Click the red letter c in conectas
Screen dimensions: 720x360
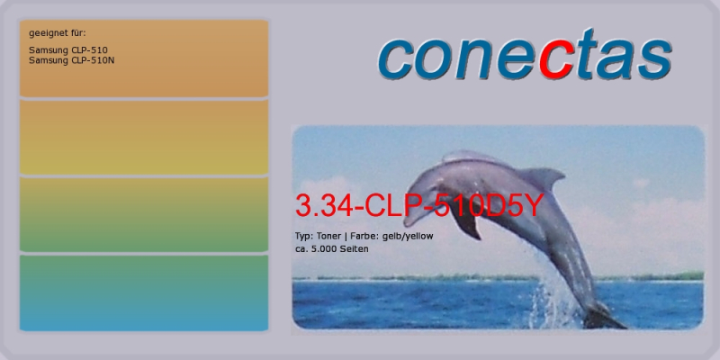(556, 59)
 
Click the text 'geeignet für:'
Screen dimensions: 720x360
(57, 33)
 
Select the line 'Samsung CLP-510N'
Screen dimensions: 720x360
(71, 60)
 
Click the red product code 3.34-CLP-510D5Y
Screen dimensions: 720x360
(418, 205)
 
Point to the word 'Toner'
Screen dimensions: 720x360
(328, 236)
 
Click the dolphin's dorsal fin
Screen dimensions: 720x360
(542, 177)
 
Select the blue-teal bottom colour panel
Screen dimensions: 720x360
(144, 293)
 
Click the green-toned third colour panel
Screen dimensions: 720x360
(144, 214)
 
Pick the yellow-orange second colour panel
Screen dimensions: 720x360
(144, 137)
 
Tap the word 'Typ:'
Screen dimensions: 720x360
(304, 237)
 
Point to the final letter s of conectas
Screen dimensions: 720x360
(655, 59)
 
